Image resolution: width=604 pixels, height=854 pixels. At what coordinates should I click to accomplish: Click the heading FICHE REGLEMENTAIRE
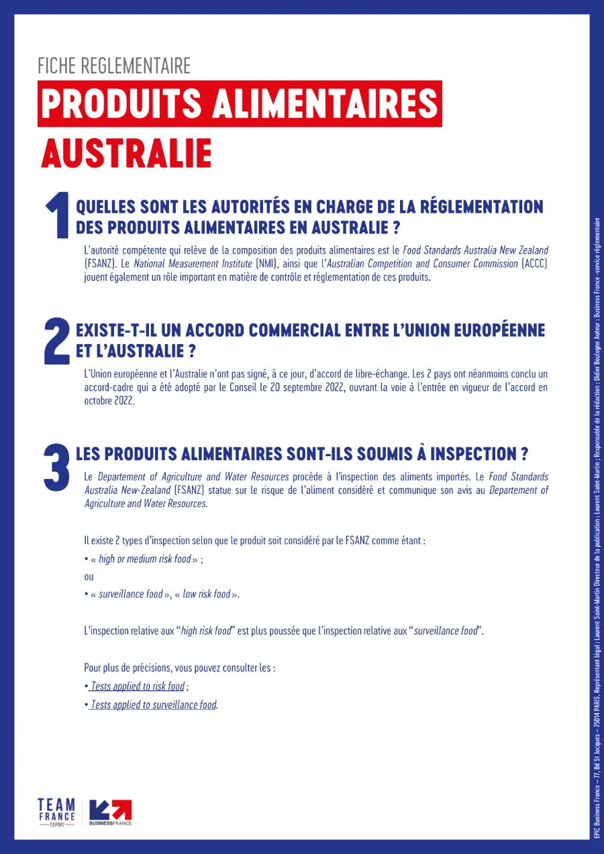(114, 66)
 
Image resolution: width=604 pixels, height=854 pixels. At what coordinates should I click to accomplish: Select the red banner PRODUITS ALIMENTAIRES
(240, 103)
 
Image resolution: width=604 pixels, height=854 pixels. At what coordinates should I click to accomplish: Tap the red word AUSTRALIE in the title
(126, 154)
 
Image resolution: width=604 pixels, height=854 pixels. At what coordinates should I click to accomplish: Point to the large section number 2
(56, 341)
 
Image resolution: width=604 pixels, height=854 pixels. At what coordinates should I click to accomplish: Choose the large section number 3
(56, 466)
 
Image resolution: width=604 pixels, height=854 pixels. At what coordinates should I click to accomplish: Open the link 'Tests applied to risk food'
(138, 686)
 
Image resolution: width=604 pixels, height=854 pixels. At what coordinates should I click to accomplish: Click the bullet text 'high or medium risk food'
(144, 559)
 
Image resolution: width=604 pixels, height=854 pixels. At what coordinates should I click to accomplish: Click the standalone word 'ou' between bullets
(89, 577)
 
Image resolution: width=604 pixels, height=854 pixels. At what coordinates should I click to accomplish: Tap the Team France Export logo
(56, 812)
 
